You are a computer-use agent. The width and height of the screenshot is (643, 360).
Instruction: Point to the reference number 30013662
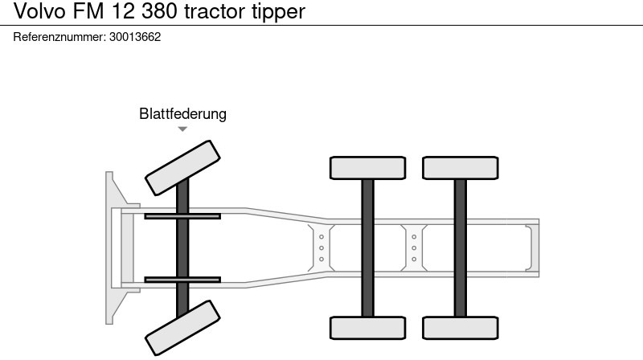tap(135, 37)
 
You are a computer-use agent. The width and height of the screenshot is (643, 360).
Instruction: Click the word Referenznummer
tap(59, 37)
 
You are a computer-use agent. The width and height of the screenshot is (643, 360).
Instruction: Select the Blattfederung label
tap(182, 114)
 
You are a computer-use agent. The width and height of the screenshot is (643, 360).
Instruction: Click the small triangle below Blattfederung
tap(182, 129)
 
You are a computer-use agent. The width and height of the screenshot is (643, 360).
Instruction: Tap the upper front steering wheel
tap(182, 166)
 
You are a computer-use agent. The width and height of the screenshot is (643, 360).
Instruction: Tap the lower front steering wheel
tap(182, 327)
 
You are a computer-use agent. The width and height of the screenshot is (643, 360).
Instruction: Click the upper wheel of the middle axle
tap(367, 168)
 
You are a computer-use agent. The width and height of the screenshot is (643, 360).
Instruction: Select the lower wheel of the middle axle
tap(367, 328)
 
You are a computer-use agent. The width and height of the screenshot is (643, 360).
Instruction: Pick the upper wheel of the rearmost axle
tap(460, 168)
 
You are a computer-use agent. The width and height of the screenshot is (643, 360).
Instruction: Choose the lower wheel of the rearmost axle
tap(460, 328)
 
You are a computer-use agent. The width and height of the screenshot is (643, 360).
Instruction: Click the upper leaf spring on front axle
tap(182, 215)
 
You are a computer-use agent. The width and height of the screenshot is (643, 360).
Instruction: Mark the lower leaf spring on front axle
tap(182, 280)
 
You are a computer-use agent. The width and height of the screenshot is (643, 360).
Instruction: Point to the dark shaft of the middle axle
tap(367, 247)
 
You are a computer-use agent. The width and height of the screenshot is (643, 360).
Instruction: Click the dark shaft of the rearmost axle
tap(460, 247)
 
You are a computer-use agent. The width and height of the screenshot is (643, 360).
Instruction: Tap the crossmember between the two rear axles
tap(414, 247)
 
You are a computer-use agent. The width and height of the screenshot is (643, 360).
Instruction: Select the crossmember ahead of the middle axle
tap(321, 247)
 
